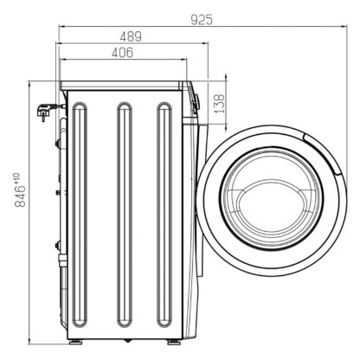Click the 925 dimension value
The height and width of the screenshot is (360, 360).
pos(202,20)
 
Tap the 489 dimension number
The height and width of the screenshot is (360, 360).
pos(131,36)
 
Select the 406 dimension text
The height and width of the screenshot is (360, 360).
pos(122,53)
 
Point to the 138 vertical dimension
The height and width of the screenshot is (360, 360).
pos(219,103)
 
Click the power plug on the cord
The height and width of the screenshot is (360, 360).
pos(43,111)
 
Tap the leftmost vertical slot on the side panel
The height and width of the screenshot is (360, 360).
pos(80,215)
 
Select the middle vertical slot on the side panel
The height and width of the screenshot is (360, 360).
pos(125,215)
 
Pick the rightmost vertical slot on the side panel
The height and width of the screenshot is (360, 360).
pos(164,215)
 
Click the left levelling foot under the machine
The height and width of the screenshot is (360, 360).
pos(76,342)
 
